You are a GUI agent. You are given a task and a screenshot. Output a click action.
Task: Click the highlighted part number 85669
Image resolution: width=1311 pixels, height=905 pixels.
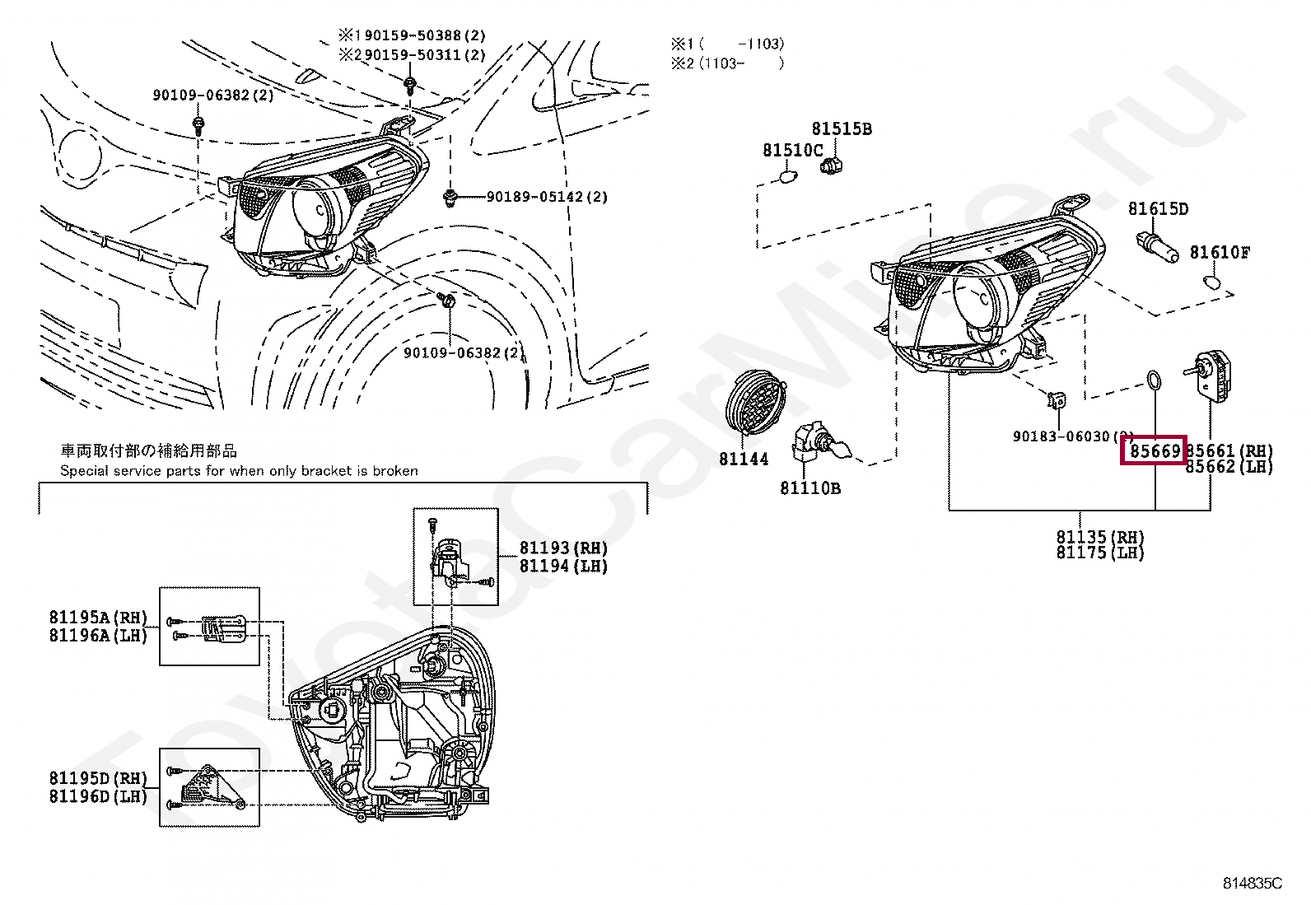coord(1154,450)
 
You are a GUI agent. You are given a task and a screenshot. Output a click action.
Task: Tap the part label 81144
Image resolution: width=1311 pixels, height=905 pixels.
coord(743,459)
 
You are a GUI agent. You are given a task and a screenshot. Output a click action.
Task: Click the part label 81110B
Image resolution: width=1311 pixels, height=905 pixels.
coord(810,488)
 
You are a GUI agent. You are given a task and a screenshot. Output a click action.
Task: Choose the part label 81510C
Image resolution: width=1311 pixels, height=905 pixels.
coord(792,150)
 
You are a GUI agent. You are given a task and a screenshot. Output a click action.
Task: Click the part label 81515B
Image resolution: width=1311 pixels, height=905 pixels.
coord(841,129)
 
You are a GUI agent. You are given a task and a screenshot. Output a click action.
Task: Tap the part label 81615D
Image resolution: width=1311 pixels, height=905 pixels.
coord(1158,209)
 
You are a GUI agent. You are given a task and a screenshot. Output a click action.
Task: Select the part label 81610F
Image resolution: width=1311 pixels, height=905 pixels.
coord(1219,253)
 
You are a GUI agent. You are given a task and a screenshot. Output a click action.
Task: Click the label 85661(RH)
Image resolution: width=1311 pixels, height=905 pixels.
coord(1229,450)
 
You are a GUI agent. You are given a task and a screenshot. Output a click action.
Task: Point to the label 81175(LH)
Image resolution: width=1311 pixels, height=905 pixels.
coord(1100,553)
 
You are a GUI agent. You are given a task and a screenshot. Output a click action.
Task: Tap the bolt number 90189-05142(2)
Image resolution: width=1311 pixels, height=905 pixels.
coord(546,197)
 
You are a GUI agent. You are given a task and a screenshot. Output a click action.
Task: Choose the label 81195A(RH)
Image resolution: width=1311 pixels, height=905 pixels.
coord(97,618)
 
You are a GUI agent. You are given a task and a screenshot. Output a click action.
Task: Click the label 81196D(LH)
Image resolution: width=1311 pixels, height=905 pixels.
coord(97,795)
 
